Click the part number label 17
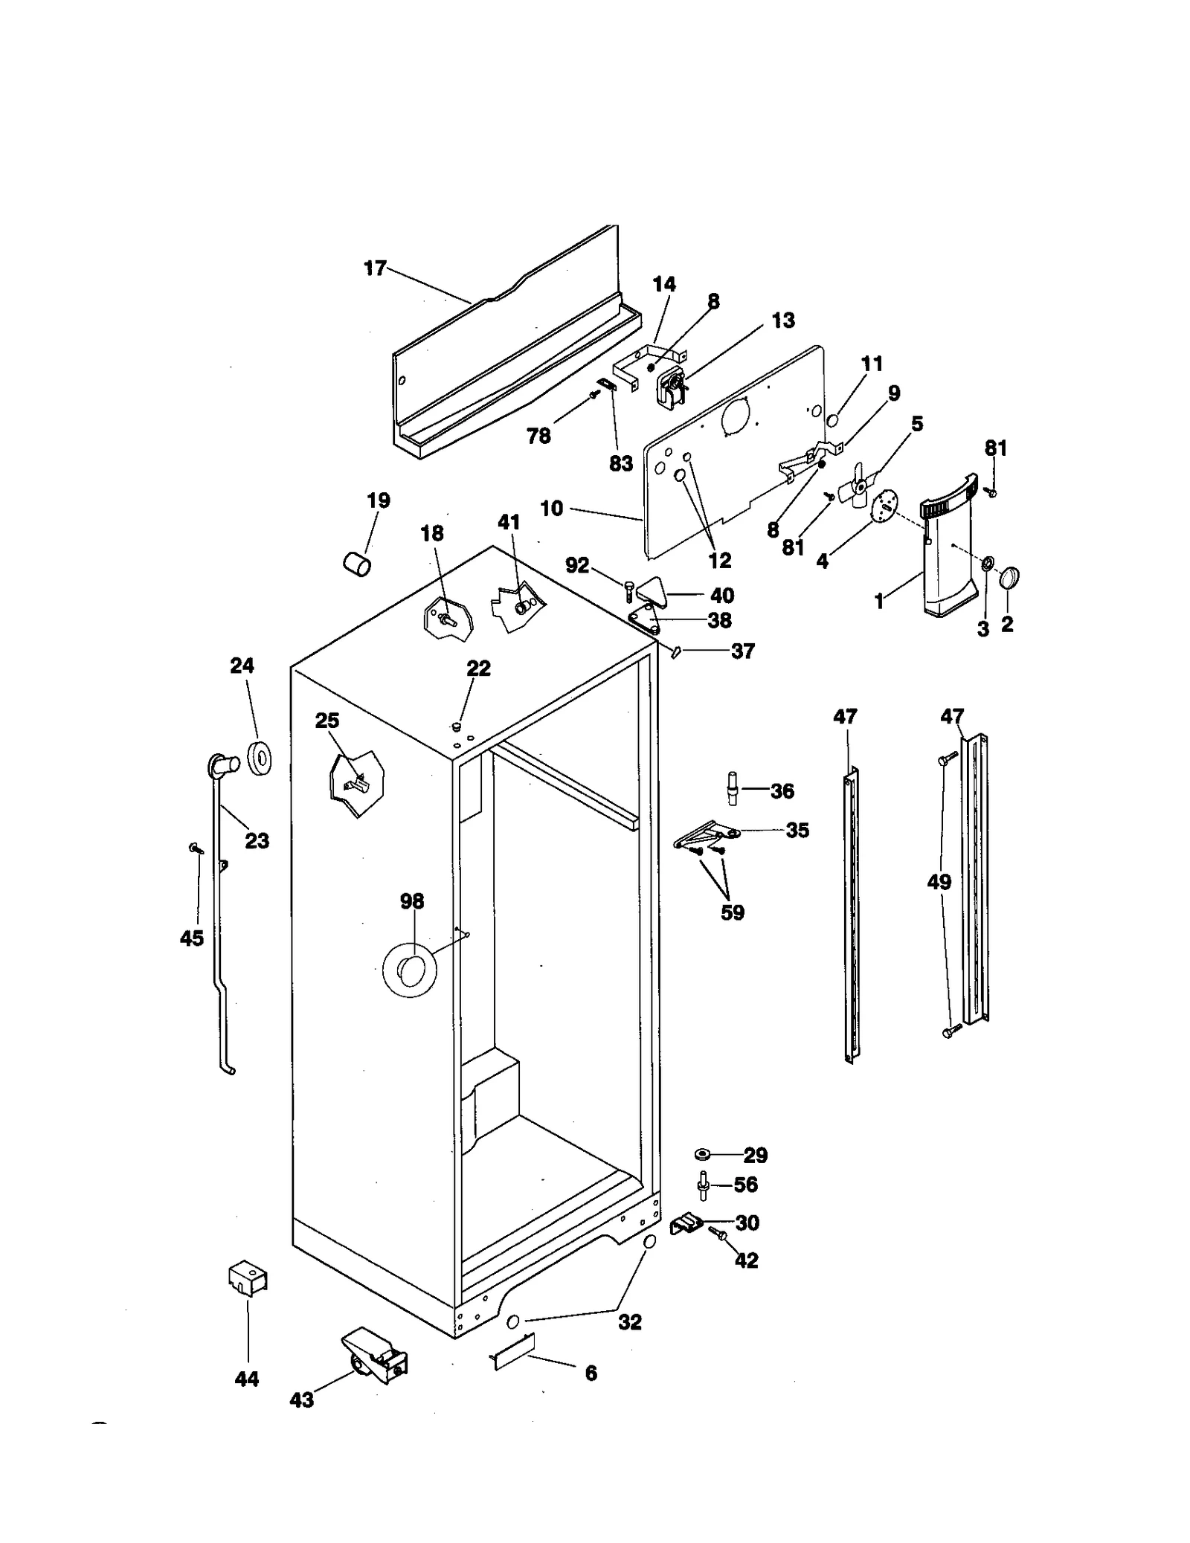coord(375,268)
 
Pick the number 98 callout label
coord(411,901)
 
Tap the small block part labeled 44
coord(248,1278)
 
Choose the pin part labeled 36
coord(733,788)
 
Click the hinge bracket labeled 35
coord(707,834)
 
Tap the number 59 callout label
coord(732,912)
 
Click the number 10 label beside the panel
coord(551,509)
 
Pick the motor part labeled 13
coord(672,389)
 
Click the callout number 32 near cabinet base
coord(629,1321)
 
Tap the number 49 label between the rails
coord(939,882)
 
